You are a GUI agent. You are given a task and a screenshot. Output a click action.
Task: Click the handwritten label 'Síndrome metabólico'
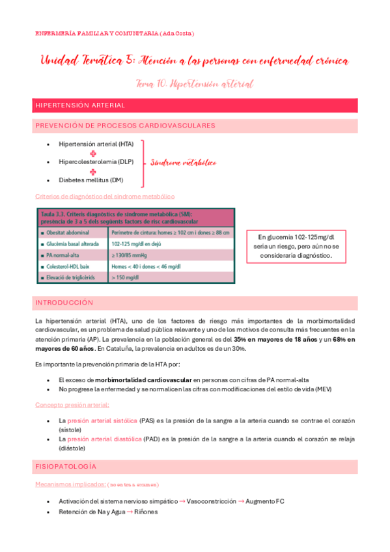coord(183,163)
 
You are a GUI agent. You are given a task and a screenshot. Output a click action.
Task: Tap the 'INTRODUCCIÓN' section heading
coord(64,303)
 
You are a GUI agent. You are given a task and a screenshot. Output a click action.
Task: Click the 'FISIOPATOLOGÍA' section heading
coord(66,467)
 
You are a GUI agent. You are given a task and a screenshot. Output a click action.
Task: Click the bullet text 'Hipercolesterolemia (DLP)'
coord(96,161)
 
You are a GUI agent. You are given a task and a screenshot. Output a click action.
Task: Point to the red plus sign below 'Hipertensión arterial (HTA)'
coord(93,153)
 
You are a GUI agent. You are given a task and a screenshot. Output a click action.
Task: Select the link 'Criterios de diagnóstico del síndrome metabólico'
coord(105,196)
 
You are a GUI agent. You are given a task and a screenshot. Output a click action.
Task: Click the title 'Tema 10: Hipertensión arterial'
coord(195,84)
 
